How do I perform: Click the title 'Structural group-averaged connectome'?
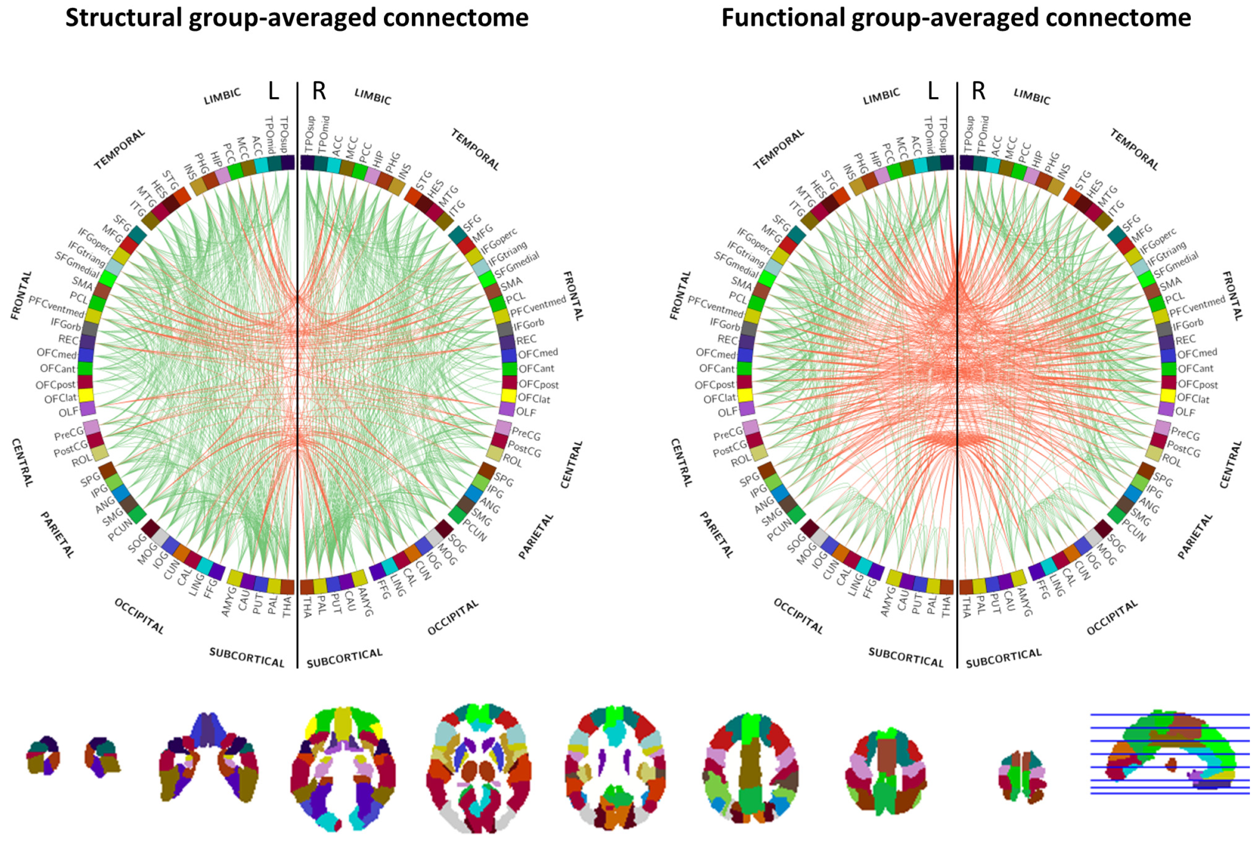(297, 18)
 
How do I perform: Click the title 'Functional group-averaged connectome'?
(955, 18)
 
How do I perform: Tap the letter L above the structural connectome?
(273, 91)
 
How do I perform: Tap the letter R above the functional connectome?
(978, 91)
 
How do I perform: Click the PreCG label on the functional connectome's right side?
(1185, 433)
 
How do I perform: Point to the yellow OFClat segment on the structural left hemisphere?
(86, 395)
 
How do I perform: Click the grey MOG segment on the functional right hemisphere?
(1094, 536)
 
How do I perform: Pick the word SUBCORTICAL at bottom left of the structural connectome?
(246, 657)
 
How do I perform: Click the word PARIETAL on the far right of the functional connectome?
(1194, 536)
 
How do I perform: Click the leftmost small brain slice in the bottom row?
(43, 754)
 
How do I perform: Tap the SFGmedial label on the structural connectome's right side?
(517, 265)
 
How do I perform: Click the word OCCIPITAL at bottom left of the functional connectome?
(798, 616)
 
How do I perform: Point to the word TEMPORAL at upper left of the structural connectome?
(119, 149)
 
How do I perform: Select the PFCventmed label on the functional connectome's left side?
(715, 307)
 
